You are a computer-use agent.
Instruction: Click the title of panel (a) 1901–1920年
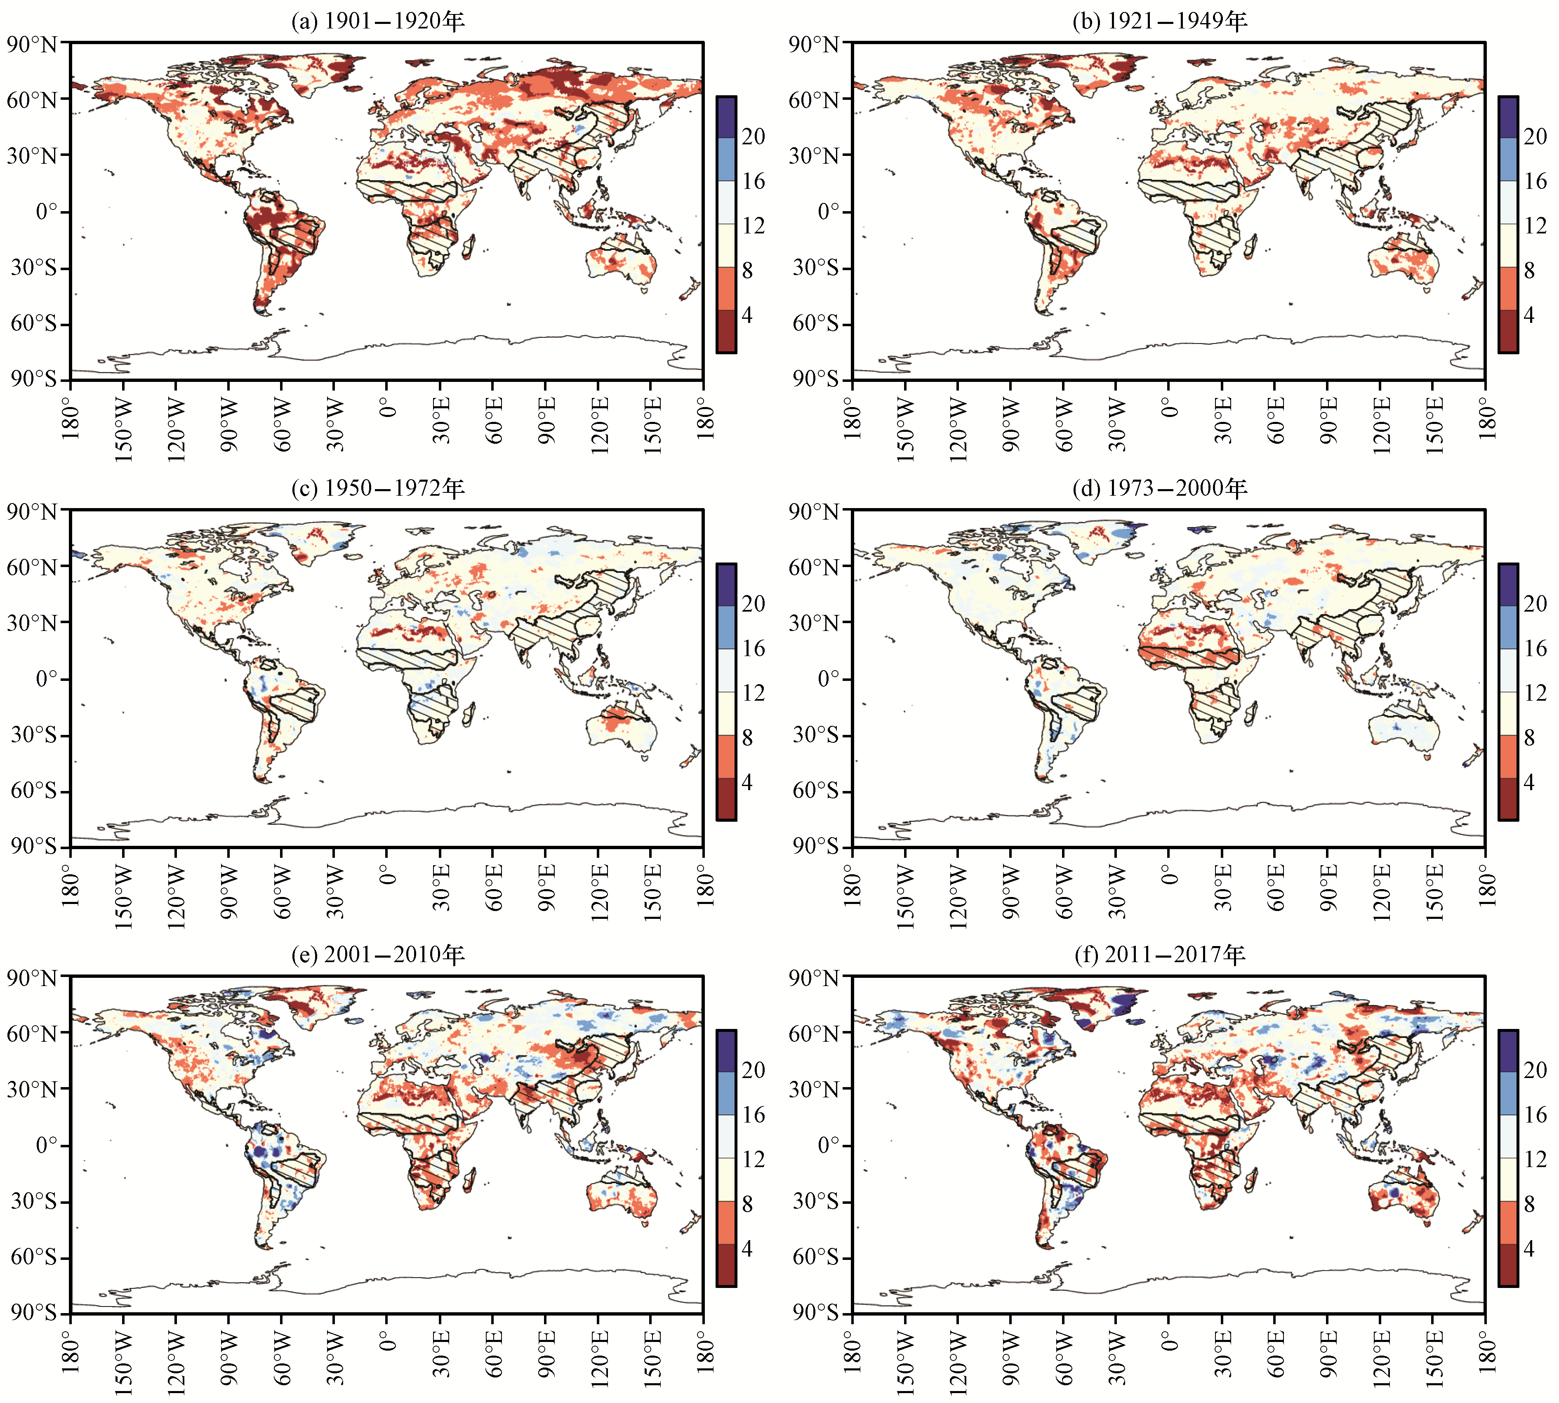(378, 21)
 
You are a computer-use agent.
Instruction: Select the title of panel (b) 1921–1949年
(1160, 21)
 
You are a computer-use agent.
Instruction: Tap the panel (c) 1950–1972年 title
(378, 488)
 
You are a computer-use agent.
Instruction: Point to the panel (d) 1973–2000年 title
(1160, 488)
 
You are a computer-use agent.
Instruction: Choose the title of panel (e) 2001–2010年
(378, 954)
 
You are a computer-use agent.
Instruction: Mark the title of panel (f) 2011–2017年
(1160, 954)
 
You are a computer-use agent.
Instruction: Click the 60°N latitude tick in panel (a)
(33, 99)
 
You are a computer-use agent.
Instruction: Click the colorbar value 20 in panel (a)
(753, 137)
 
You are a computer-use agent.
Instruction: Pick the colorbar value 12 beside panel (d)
(1535, 692)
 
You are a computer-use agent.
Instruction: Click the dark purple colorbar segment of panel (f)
(1508, 1052)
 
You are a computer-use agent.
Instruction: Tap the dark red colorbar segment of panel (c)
(726, 799)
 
